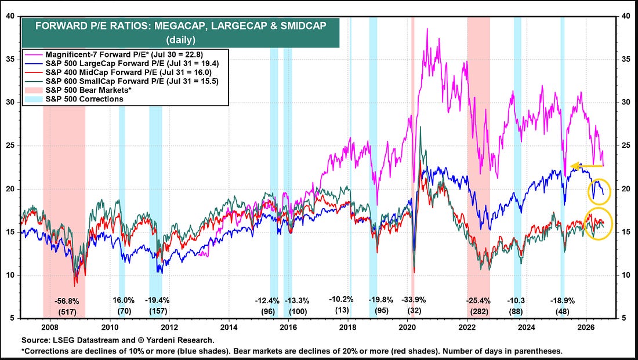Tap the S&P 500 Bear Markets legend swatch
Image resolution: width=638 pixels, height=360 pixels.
[x=34, y=90]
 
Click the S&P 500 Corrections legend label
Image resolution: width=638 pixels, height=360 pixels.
[x=84, y=99]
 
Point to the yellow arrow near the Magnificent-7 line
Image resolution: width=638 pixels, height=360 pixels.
[x=586, y=166]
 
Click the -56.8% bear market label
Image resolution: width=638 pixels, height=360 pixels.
[x=67, y=301]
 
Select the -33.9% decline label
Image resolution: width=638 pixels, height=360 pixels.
[x=414, y=300]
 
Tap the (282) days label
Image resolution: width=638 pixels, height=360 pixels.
[x=478, y=311]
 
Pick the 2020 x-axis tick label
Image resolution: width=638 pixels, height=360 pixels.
[x=408, y=327]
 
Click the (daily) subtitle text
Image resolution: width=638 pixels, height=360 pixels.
[x=180, y=40]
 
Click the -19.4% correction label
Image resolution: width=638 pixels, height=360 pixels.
[x=157, y=301]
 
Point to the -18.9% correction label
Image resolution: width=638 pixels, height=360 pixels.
[x=563, y=301]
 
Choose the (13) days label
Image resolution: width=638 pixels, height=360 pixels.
[x=342, y=311]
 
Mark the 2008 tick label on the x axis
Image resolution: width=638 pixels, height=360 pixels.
[x=50, y=327]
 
